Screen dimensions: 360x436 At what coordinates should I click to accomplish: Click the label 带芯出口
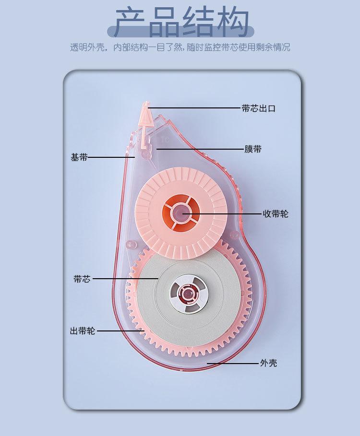coord(258,108)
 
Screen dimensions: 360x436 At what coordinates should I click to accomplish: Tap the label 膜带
coord(253,149)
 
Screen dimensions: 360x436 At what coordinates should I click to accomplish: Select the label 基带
coord(79,157)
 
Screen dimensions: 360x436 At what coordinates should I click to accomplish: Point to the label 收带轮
coord(275,213)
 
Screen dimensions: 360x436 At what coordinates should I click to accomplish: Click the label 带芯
coord(82,279)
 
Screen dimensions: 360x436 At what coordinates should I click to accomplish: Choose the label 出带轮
coord(83,331)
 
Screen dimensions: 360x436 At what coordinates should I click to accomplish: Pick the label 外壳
coord(268,363)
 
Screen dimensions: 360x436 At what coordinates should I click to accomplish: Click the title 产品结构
coord(180,22)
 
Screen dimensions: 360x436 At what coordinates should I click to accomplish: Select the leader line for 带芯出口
coord(197,108)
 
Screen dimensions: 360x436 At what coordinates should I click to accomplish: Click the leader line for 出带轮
coord(120,331)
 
